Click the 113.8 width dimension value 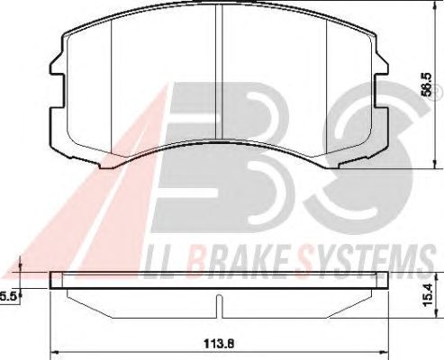(x=219, y=344)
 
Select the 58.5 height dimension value (x=426, y=85)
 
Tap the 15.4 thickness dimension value (x=427, y=295)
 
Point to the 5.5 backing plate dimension (x=8, y=297)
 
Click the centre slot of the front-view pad (x=219, y=72)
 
